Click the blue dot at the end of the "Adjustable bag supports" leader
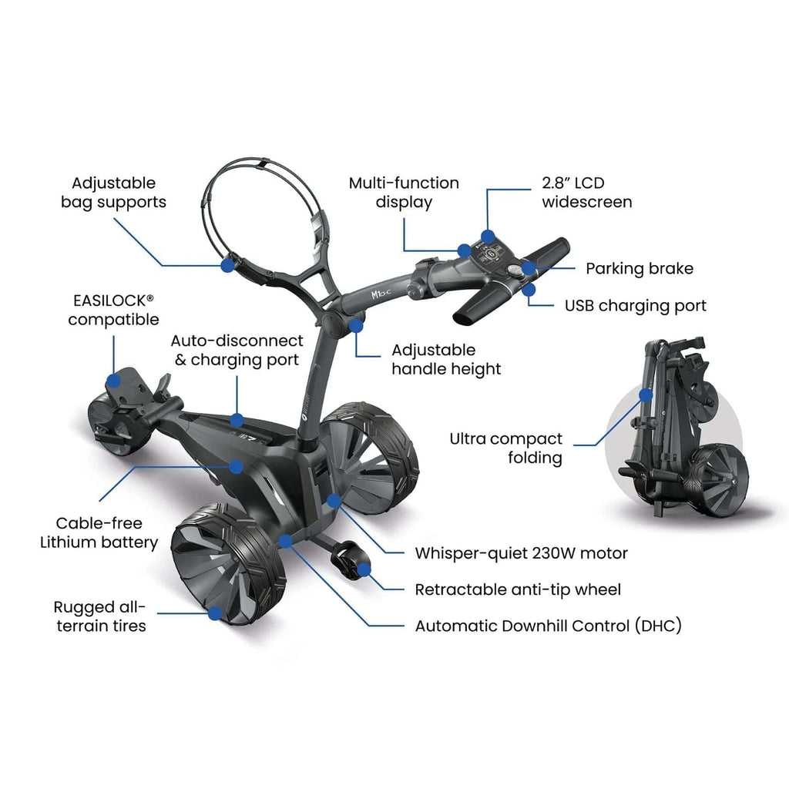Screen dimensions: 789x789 tap(228, 265)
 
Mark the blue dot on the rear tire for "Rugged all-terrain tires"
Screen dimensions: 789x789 tap(215, 613)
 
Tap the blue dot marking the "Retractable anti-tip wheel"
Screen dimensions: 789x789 tap(364, 569)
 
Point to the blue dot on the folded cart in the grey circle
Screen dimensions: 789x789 tap(646, 395)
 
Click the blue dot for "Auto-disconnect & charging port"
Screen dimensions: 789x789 tap(237, 420)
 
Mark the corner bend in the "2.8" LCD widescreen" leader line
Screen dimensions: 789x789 tap(487, 190)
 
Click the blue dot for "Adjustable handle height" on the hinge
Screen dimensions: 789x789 tap(356, 326)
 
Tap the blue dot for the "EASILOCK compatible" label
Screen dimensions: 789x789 tap(114, 381)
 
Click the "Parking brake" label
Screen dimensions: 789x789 tap(639, 269)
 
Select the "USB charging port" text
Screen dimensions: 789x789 tap(635, 306)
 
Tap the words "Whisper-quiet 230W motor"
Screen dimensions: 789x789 tap(522, 553)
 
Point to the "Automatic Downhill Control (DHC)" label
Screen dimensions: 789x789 tap(548, 626)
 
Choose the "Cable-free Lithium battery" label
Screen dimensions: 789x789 tap(99, 533)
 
